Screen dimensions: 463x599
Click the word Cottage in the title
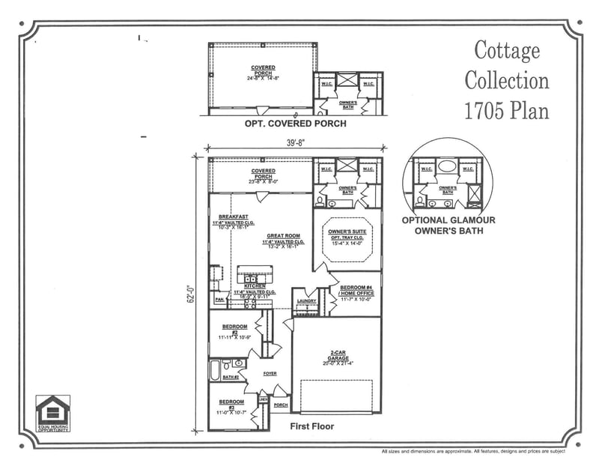[507, 51]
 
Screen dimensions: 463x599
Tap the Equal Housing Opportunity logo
[53, 413]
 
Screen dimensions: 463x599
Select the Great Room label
[282, 236]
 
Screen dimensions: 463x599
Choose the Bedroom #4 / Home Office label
[356, 291]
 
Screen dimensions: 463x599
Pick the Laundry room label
[306, 300]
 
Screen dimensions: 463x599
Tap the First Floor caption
[311, 426]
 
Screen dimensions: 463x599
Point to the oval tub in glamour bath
[448, 166]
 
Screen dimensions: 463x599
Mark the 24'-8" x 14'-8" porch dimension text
[263, 77]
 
